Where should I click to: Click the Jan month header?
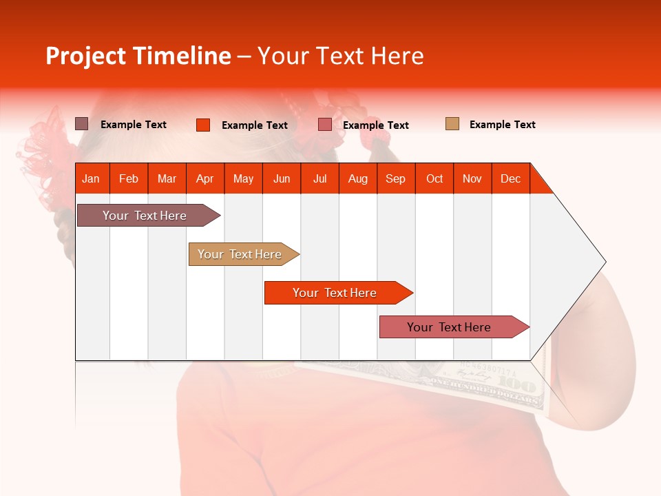pyautogui.click(x=91, y=178)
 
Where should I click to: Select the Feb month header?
pyautogui.click(x=129, y=178)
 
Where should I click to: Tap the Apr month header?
pyautogui.click(x=204, y=178)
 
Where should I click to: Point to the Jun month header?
pyautogui.click(x=282, y=178)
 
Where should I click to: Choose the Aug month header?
pyautogui.click(x=357, y=178)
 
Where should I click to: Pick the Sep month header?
pyautogui.click(x=395, y=178)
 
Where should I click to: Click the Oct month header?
pyautogui.click(x=434, y=178)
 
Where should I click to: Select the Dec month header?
pyautogui.click(x=510, y=178)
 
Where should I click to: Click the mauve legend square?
pyautogui.click(x=81, y=124)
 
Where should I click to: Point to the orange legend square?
pyautogui.click(x=202, y=125)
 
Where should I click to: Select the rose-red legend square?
pyautogui.click(x=325, y=125)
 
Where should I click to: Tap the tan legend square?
pyautogui.click(x=452, y=124)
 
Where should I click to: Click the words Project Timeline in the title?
pyautogui.click(x=138, y=56)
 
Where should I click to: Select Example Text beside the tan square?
pyautogui.click(x=502, y=125)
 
